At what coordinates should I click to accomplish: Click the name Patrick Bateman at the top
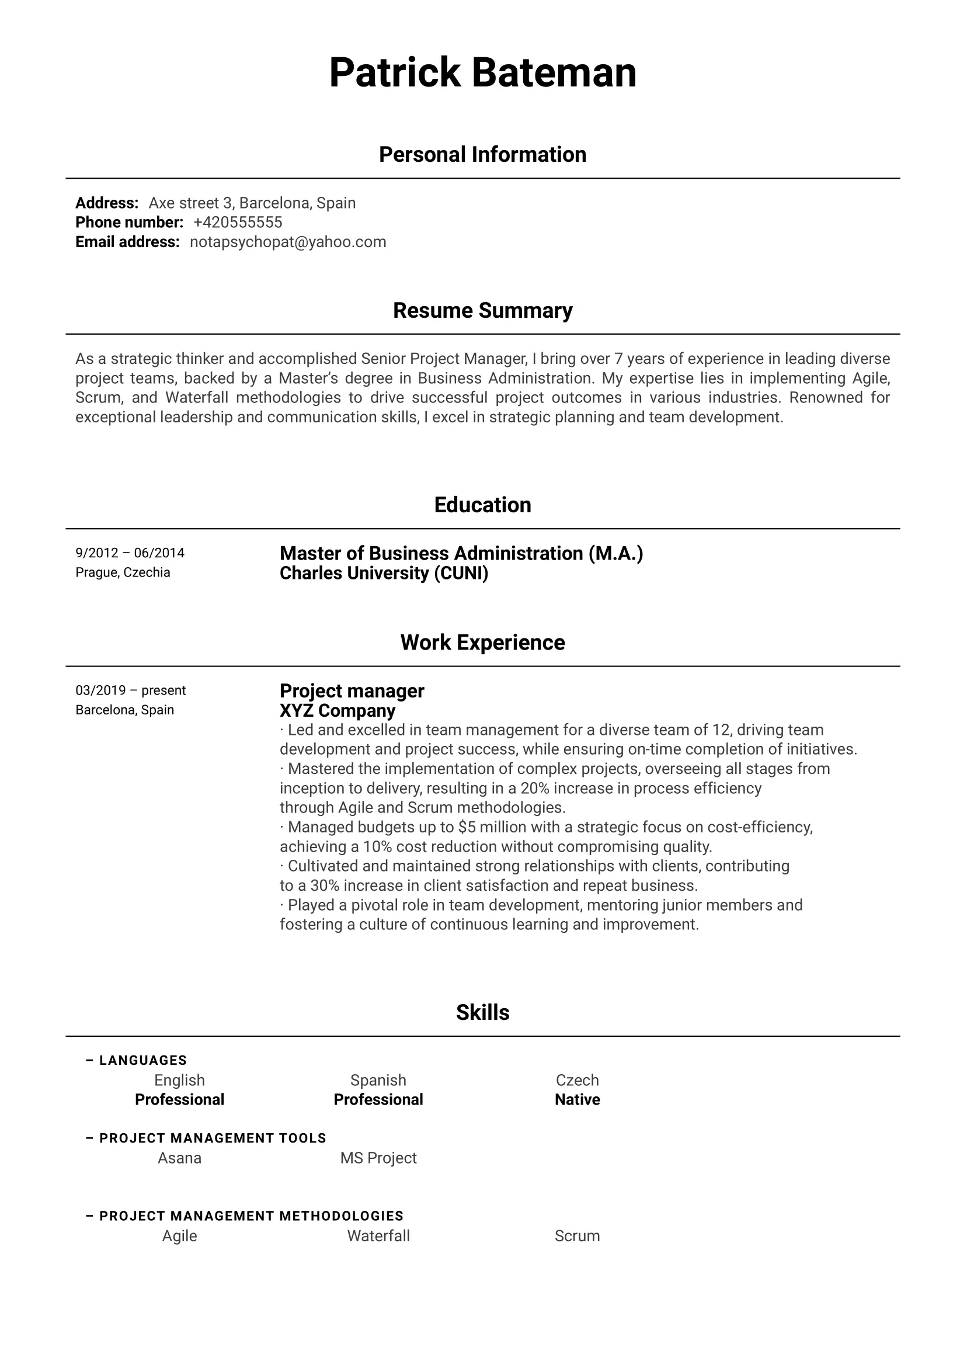point(482,72)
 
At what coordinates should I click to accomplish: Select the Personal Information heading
point(482,155)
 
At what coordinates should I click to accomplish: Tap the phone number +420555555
point(238,222)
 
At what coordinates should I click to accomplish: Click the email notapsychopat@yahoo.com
point(288,242)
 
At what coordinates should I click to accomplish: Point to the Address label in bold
point(107,203)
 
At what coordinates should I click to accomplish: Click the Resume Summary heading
point(482,310)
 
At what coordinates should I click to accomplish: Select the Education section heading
point(482,505)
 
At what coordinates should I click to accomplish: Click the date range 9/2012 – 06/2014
point(130,553)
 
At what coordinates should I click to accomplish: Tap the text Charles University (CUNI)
point(384,573)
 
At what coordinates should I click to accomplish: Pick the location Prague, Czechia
point(123,572)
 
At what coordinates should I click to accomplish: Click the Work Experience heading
point(482,643)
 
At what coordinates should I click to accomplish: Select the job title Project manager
point(352,691)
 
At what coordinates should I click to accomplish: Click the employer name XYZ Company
point(338,711)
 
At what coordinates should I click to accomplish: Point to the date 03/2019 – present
point(130,690)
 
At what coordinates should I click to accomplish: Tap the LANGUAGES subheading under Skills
point(143,1061)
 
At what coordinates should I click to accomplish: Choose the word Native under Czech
point(577,1100)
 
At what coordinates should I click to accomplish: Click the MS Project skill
point(378,1158)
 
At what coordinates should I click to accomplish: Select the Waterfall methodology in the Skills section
point(378,1237)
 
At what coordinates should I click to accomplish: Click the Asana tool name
point(179,1158)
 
